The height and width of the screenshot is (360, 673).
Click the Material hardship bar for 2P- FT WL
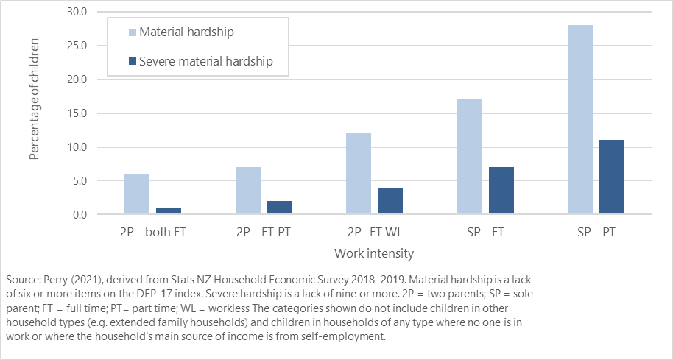coord(359,174)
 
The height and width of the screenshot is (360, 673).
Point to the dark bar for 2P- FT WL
coord(391,201)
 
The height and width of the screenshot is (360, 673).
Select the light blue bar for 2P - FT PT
coord(248,191)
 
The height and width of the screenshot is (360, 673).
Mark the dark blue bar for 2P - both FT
coord(169,211)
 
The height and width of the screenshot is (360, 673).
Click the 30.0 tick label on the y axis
coord(77,12)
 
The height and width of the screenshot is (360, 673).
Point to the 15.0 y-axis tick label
coord(77,113)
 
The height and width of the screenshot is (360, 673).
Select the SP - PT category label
coord(596,233)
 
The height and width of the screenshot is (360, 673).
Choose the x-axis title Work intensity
coord(373,253)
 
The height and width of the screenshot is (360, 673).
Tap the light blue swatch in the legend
coord(132,32)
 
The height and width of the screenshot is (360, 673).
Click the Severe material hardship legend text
coord(205,61)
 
